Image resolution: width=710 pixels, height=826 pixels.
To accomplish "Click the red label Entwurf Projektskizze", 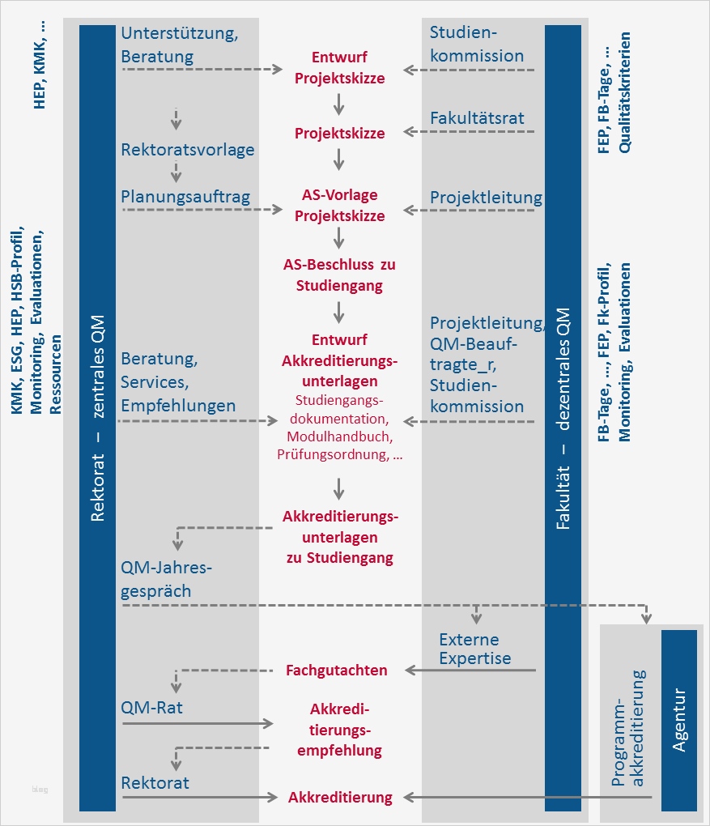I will click(x=339, y=68).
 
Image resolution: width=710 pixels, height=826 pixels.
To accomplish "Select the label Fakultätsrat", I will click(x=477, y=118).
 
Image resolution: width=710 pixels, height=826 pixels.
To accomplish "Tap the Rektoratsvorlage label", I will click(x=188, y=150).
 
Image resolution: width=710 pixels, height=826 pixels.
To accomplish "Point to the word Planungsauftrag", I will click(x=185, y=197).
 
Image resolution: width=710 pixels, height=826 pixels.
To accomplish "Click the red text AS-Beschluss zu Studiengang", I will click(x=339, y=275).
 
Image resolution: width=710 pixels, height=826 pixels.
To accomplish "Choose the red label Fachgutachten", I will click(x=337, y=670).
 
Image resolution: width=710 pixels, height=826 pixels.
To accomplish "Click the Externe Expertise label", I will click(x=475, y=649).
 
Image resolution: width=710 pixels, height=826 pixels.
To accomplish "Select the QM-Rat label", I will click(x=152, y=708).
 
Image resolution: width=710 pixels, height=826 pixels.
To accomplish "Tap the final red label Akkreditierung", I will click(x=340, y=797).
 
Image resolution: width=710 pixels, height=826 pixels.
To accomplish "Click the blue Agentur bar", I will click(x=679, y=720).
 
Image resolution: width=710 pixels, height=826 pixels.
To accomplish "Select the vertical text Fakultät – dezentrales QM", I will click(x=563, y=418).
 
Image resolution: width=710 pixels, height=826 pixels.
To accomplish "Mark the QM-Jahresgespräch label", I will click(x=167, y=579).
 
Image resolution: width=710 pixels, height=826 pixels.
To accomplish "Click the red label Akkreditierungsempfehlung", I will click(x=340, y=730).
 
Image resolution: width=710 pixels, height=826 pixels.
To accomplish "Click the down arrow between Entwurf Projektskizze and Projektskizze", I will click(x=339, y=104).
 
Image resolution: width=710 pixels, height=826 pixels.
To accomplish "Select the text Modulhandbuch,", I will click(x=339, y=436).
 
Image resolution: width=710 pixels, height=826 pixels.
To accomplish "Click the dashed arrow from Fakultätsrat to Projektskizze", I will click(x=470, y=130).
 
